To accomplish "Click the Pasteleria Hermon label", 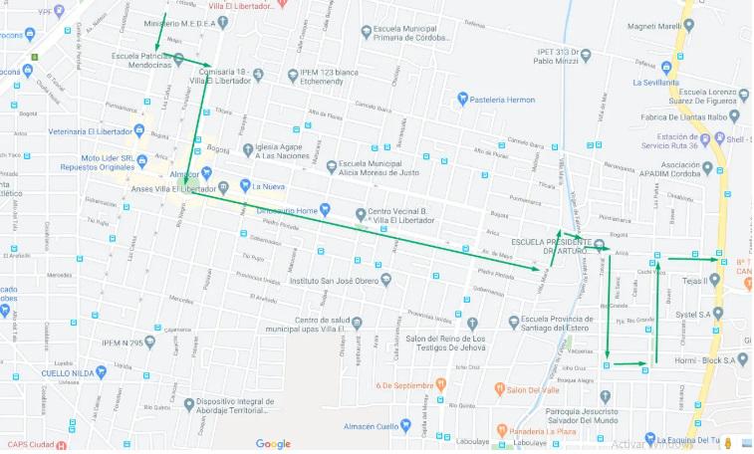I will click(502, 99).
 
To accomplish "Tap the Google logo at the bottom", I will click(273, 444).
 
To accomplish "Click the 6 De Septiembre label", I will click(401, 384).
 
